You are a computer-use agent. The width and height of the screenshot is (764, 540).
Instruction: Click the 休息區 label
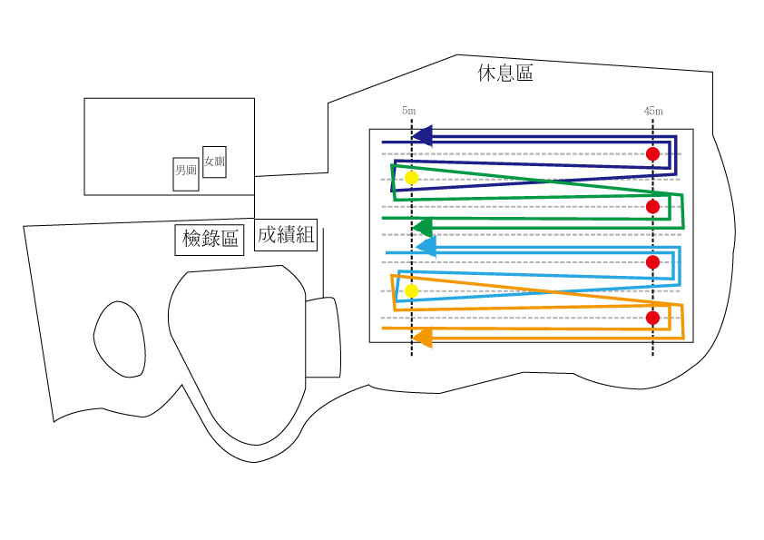(505, 74)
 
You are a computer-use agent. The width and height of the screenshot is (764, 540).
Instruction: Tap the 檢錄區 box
(210, 240)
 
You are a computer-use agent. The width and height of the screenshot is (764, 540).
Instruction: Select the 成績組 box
(286, 235)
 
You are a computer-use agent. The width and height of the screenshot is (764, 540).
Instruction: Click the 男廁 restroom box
(186, 174)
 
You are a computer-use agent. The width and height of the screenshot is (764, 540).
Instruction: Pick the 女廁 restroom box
(214, 162)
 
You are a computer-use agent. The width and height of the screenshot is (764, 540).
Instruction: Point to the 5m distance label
(409, 111)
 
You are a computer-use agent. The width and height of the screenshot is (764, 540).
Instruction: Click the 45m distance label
(653, 111)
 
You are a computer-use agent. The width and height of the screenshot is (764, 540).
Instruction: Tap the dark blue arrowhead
(423, 136)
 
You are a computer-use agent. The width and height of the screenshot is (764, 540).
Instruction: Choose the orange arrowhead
(424, 338)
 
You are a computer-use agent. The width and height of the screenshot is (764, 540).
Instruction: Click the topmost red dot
(653, 154)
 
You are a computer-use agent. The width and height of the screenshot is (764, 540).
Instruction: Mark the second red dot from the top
(653, 207)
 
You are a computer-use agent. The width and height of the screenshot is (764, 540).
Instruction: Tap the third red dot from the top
(653, 262)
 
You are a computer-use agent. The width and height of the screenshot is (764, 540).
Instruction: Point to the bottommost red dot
(653, 318)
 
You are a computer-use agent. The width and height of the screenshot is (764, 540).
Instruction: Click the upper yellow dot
(412, 178)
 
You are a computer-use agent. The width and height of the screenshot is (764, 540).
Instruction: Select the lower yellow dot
(412, 291)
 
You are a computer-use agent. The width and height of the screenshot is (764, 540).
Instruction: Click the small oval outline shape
(94, 337)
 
